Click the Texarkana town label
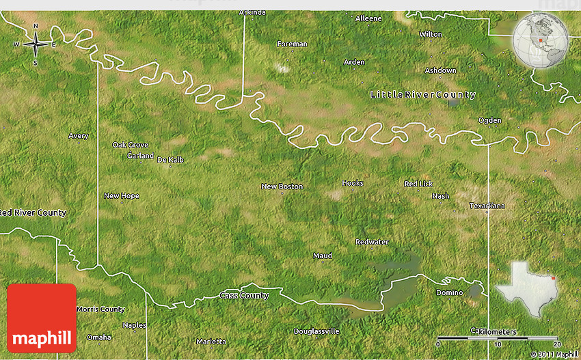[x=487, y=206]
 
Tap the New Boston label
[x=282, y=186]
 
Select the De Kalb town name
[x=170, y=160]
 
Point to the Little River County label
[x=422, y=94]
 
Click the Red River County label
[x=33, y=212]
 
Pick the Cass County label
[x=244, y=295]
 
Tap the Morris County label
[x=100, y=309]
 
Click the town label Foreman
[x=292, y=44]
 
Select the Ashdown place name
[x=440, y=70]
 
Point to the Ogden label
[x=489, y=120]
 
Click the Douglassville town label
[x=316, y=331]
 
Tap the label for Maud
[x=322, y=255]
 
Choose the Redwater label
[x=372, y=242]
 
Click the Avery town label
[x=79, y=136]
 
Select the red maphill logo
[x=41, y=318]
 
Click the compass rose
[x=36, y=45]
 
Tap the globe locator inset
[x=541, y=40]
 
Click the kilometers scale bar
[x=497, y=337]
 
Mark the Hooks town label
[x=353, y=183]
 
